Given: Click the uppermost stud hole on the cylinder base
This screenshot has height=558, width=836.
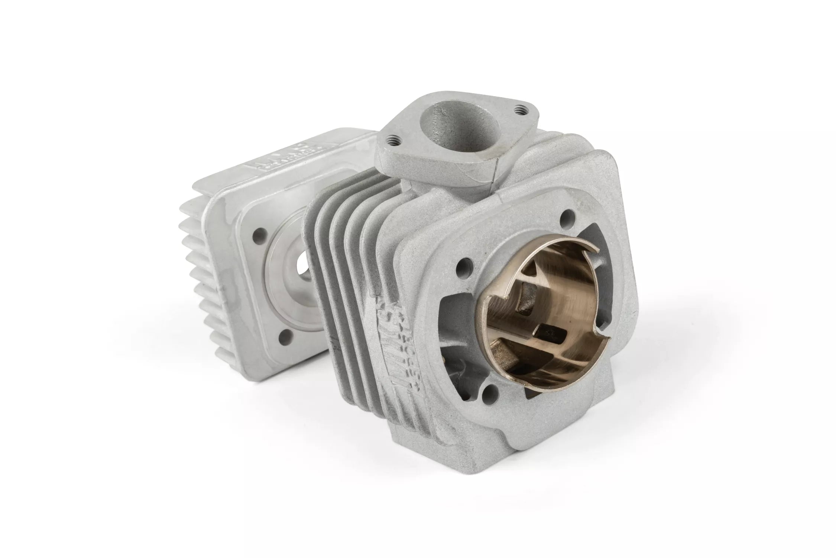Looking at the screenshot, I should (x=566, y=215).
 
